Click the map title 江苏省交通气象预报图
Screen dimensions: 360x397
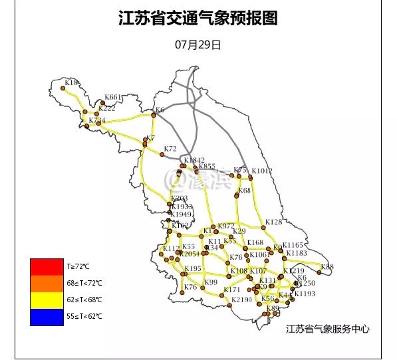pyautogui.click(x=198, y=18)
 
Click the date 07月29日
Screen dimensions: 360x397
pyautogui.click(x=198, y=45)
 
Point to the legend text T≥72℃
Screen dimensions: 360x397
pyautogui.click(x=78, y=266)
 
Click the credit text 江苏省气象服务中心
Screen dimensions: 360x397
pyautogui.click(x=327, y=329)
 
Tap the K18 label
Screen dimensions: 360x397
pyautogui.click(x=72, y=83)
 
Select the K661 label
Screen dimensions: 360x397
pyautogui.click(x=114, y=97)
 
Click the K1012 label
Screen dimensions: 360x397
pyautogui.click(x=262, y=171)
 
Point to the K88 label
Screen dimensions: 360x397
pyautogui.click(x=327, y=267)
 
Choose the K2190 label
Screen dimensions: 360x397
pyautogui.click(x=242, y=300)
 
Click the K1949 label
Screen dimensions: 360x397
pyautogui.click(x=181, y=215)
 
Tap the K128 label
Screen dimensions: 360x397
pyautogui.click(x=273, y=222)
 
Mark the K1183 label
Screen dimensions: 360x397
pyautogui.click(x=296, y=253)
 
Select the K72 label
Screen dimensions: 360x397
pyautogui.click(x=170, y=149)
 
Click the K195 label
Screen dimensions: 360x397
pyautogui.click(x=193, y=268)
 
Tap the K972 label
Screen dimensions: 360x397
pyautogui.click(x=226, y=226)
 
